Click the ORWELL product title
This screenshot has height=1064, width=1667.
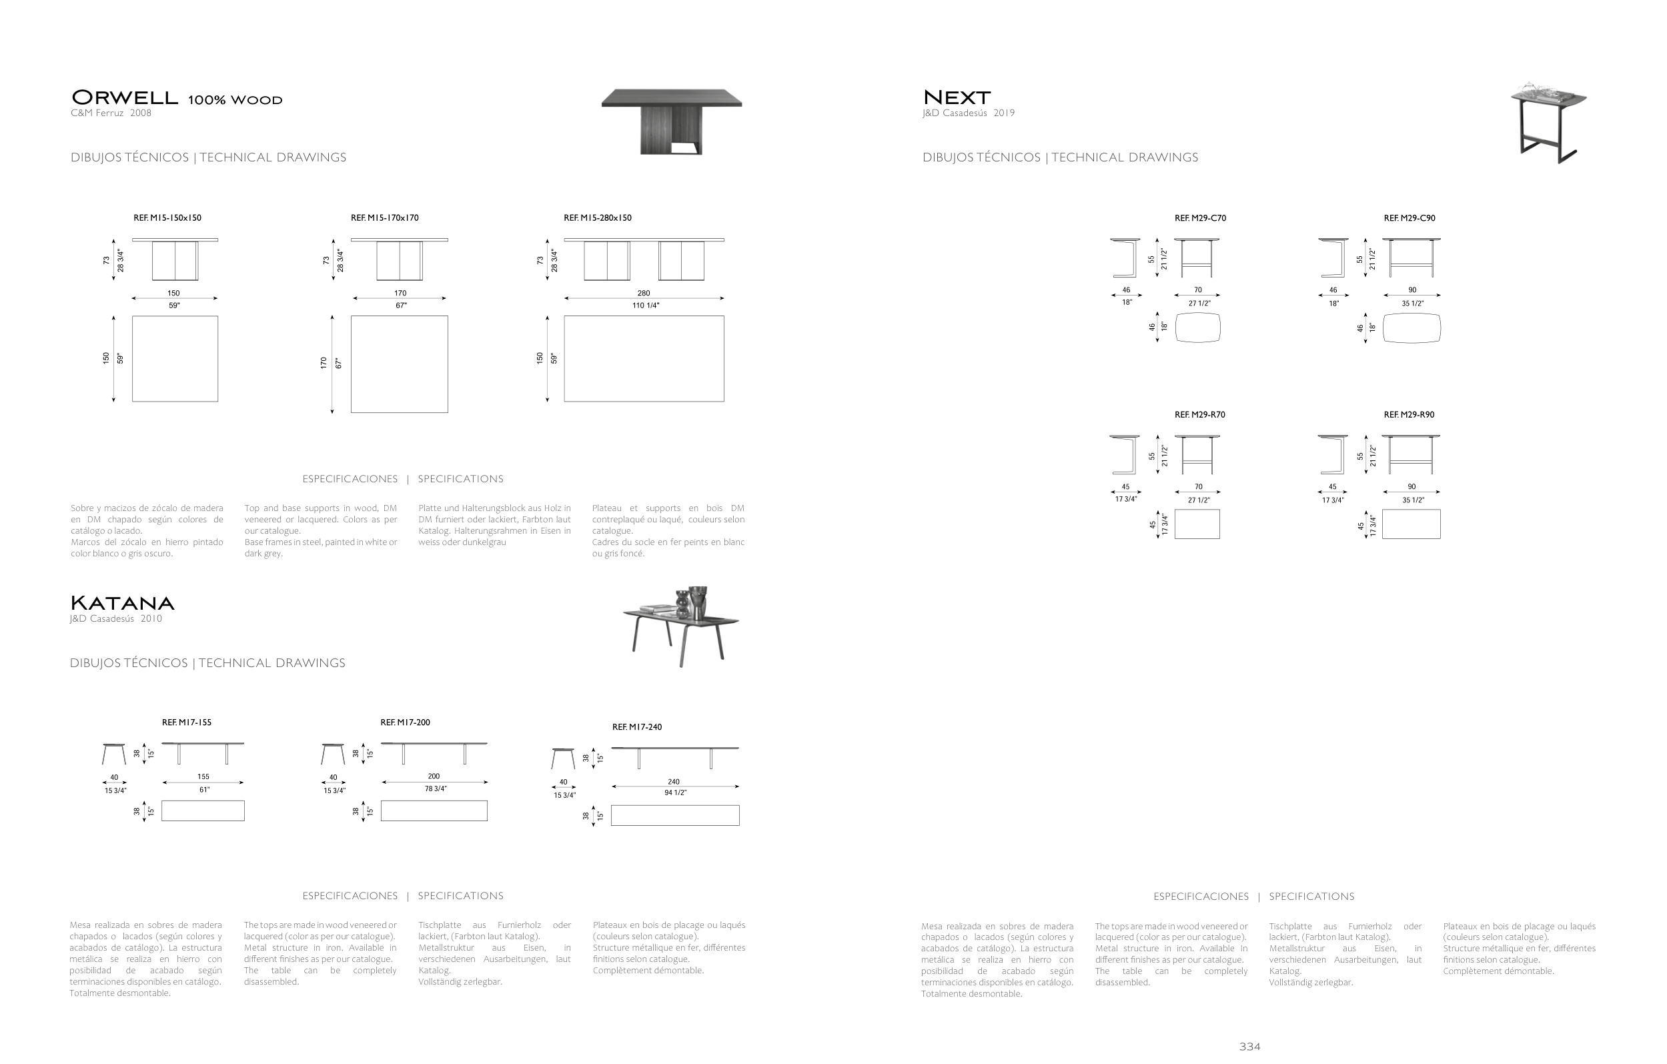[125, 97]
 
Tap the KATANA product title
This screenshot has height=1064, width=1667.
[122, 603]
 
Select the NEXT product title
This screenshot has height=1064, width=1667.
[957, 97]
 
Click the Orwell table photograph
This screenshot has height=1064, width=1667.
[672, 121]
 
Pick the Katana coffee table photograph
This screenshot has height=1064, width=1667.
[682, 626]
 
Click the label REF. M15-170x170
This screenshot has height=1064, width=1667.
[384, 218]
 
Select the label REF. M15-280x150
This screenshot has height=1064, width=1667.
[598, 218]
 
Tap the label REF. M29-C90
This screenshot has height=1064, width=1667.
[1410, 218]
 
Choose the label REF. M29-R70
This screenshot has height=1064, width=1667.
[1199, 415]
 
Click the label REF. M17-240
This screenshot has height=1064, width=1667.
[637, 727]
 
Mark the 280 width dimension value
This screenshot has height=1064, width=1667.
[644, 294]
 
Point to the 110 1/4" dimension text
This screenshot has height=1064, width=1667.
[645, 306]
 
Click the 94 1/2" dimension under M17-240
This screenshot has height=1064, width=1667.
[675, 793]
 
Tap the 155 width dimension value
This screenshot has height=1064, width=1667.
[203, 776]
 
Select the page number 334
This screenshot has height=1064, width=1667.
[1249, 1047]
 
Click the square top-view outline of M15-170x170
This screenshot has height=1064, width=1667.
[400, 364]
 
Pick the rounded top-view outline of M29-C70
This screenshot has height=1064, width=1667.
[1197, 328]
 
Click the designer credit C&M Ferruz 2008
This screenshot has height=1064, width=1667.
[111, 113]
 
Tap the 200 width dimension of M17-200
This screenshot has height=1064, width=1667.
[434, 776]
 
